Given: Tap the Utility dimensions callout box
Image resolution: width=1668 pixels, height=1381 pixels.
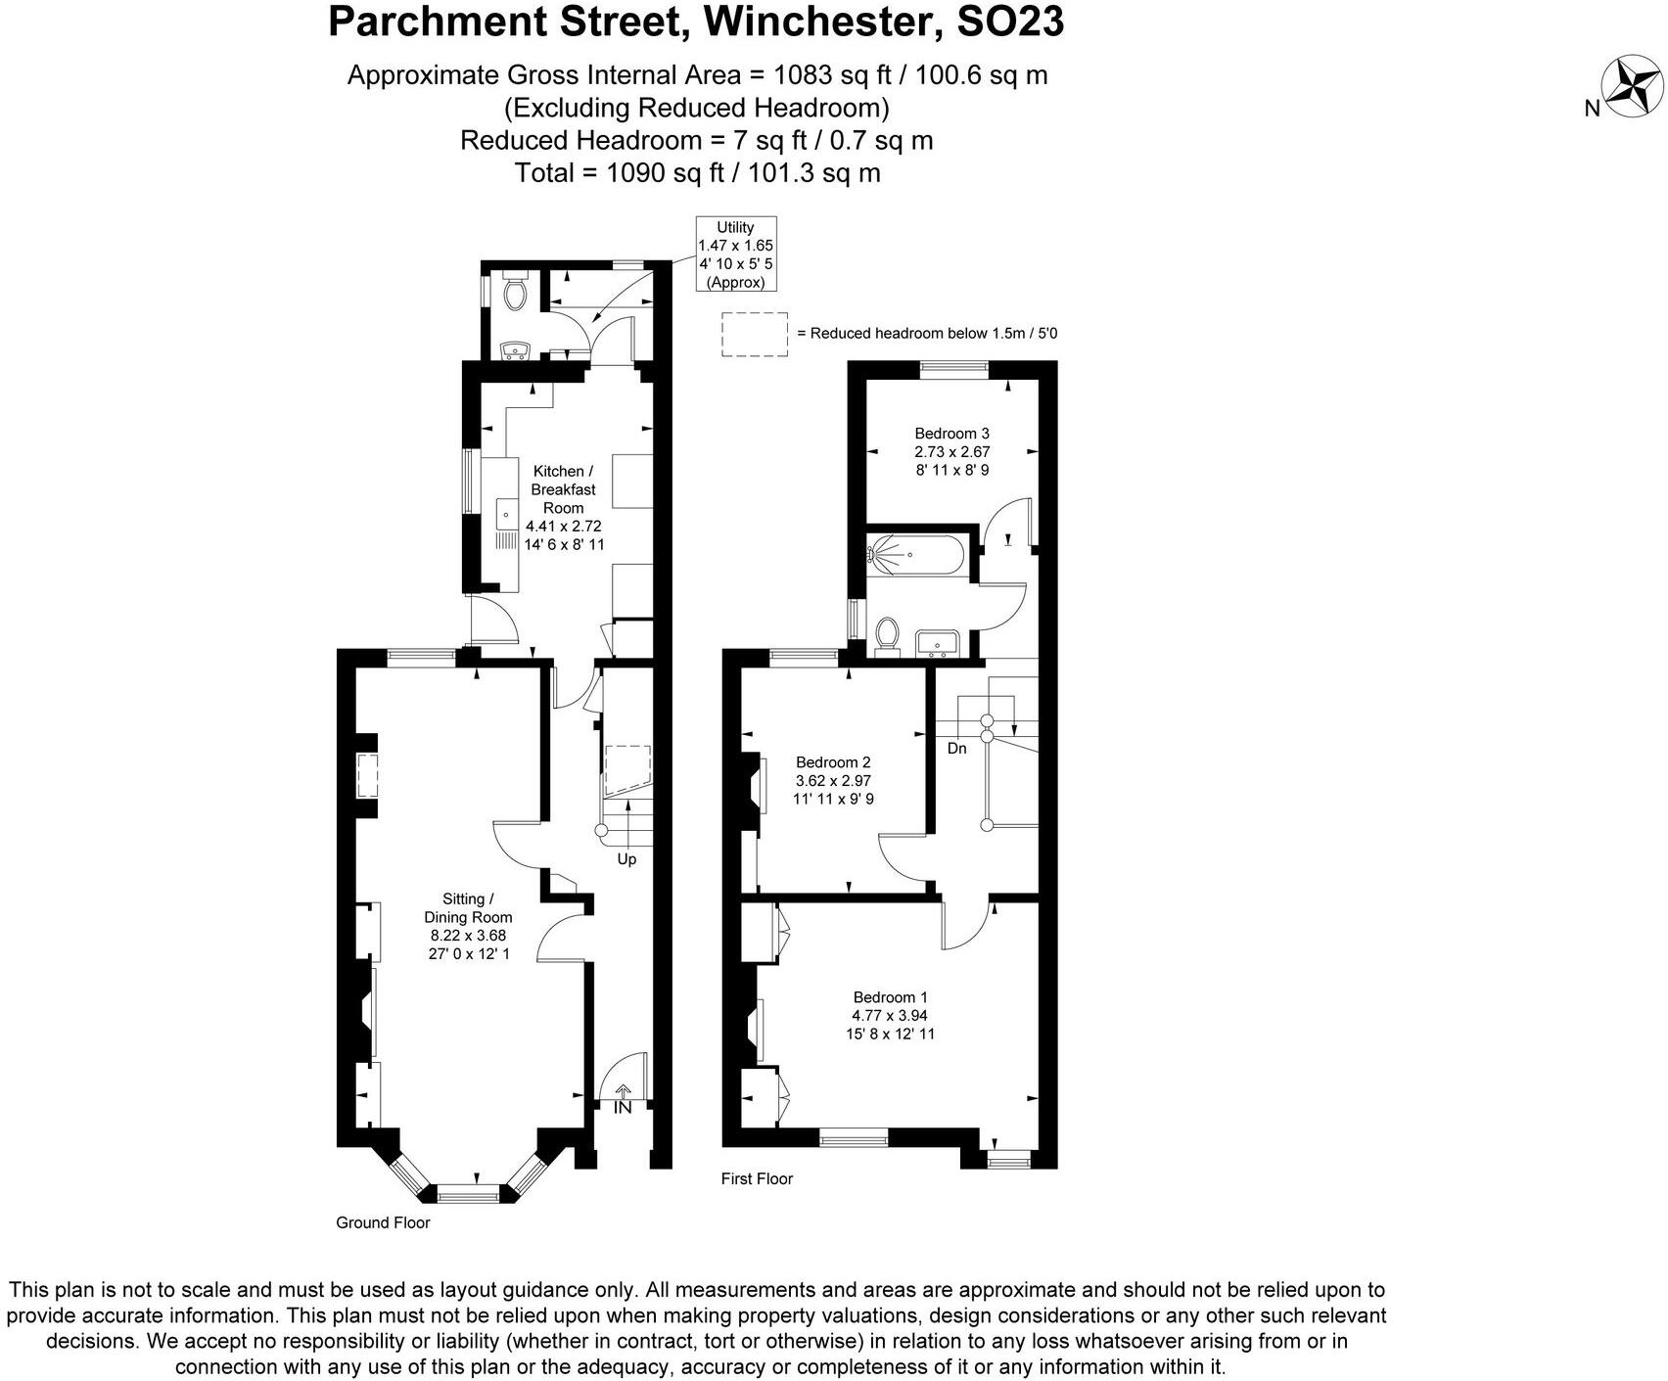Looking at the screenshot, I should pyautogui.click(x=735, y=254).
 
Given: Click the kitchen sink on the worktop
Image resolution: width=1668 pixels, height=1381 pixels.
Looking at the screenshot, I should pyautogui.click(x=507, y=513).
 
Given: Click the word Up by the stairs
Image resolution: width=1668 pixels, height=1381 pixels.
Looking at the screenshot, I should pyautogui.click(x=626, y=859).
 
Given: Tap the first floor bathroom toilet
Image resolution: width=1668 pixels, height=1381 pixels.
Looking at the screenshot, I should pyautogui.click(x=889, y=633).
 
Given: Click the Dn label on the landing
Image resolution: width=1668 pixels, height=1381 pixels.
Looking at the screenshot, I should pyautogui.click(x=956, y=749).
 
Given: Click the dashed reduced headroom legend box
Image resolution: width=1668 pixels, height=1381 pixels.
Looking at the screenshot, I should pyautogui.click(x=755, y=334).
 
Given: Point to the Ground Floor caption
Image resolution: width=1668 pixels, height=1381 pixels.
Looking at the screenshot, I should pyautogui.click(x=383, y=1222).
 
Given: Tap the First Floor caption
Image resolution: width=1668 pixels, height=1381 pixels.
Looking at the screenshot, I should pyautogui.click(x=757, y=1178).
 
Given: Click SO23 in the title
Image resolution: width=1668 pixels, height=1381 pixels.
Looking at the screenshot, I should pyautogui.click(x=1009, y=22).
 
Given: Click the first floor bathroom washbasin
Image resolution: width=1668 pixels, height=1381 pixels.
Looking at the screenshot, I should pyautogui.click(x=941, y=643).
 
